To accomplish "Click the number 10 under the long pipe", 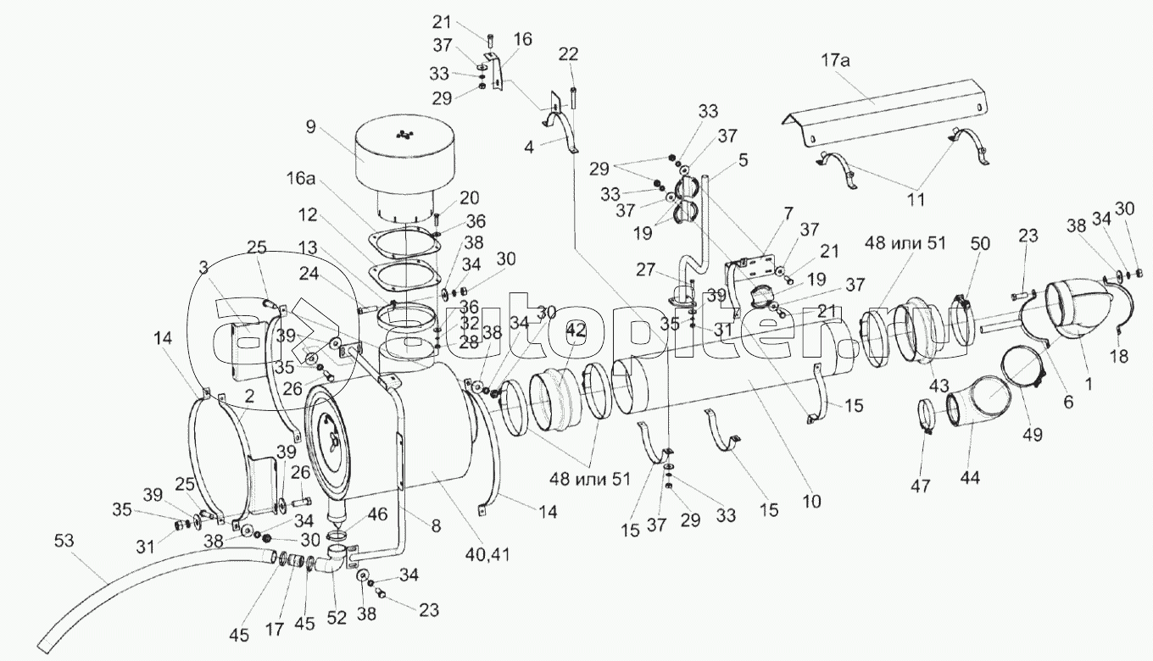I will point(811,501).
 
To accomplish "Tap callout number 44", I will point(970,477).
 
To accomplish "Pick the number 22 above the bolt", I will point(569,54).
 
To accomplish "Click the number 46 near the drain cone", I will point(376,514).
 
